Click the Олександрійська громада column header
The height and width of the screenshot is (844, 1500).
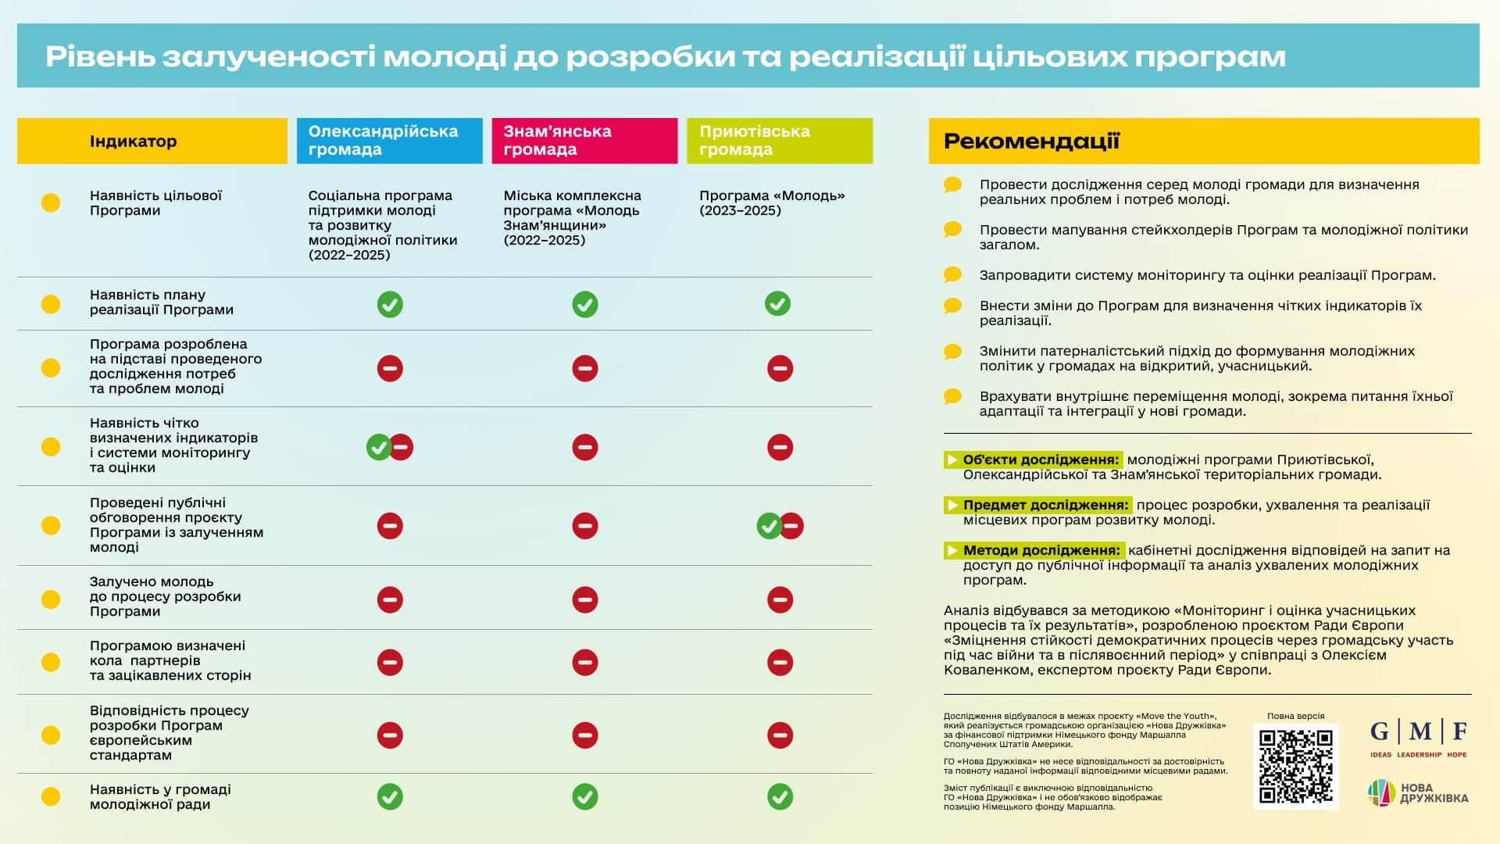pos(389,141)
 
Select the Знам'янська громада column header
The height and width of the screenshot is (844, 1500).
pos(584,141)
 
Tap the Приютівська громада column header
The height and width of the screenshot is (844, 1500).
pos(779,141)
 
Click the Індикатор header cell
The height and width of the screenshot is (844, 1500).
pos(152,141)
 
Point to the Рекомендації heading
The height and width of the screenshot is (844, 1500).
pos(1031,141)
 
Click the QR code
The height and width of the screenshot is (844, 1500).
pos(1295,767)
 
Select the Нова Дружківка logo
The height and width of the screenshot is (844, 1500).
pos(1418,792)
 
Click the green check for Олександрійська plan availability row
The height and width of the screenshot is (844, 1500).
pos(390,304)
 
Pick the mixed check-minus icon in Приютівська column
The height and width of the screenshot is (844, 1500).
pos(780,526)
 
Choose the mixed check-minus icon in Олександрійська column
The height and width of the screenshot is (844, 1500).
pos(390,447)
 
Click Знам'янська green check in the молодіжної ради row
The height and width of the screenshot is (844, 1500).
pos(584,797)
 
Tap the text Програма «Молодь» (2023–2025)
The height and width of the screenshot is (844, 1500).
pos(771,202)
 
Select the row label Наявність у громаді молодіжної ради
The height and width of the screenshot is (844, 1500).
pos(160,797)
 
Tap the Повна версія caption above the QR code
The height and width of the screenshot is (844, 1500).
pos(1295,716)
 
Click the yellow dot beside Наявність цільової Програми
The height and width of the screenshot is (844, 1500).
pos(51,202)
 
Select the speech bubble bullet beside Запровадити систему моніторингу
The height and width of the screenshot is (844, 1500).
pos(952,275)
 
